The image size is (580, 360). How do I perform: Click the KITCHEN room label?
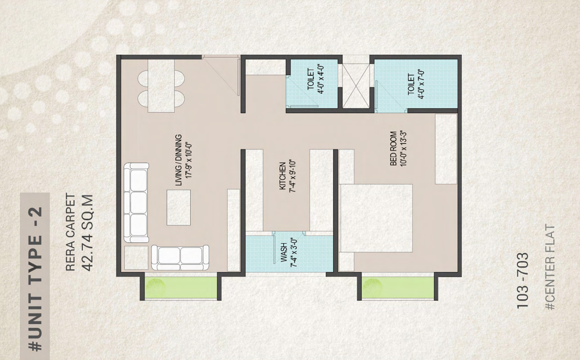pyautogui.click(x=283, y=176)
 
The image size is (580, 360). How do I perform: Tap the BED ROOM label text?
pyautogui.click(x=393, y=148)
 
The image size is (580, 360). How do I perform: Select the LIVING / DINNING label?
pyautogui.click(x=179, y=160)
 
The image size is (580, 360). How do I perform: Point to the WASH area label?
pyautogui.click(x=284, y=252)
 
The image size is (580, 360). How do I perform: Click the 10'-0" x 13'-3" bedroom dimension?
pyautogui.click(x=403, y=148)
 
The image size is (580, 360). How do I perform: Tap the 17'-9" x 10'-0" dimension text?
pyautogui.click(x=189, y=160)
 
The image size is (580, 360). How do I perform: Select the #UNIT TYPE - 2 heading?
pyautogui.click(x=35, y=279)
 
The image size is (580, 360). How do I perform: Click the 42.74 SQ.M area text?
pyautogui.click(x=86, y=233)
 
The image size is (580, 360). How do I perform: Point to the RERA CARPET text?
pyautogui.click(x=70, y=233)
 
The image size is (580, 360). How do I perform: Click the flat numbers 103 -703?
pyautogui.click(x=522, y=280)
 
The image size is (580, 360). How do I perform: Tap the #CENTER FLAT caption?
pyautogui.click(x=550, y=267)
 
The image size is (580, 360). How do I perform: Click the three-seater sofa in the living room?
pyautogui.click(x=136, y=203)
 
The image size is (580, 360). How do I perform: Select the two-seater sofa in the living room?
pyautogui.click(x=180, y=257)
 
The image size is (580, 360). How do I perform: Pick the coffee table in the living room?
pyautogui.click(x=178, y=207)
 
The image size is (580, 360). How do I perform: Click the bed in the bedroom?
pyautogui.click(x=376, y=218)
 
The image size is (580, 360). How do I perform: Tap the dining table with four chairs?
pyautogui.click(x=161, y=86)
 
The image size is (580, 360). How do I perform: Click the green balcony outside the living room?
pyautogui.click(x=181, y=288)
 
